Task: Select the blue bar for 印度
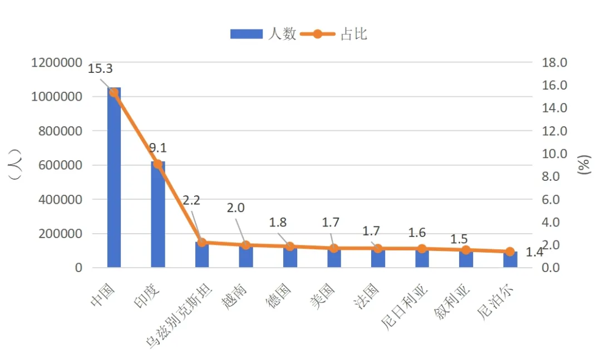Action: tap(157, 217)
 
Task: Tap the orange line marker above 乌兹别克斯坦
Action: tap(202, 243)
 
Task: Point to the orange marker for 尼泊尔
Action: tap(510, 251)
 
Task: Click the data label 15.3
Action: tap(100, 69)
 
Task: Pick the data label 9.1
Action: tap(157, 148)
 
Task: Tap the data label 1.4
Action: tap(534, 253)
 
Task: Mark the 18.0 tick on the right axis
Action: tap(554, 63)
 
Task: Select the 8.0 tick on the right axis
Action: tap(554, 176)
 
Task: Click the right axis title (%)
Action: tap(583, 165)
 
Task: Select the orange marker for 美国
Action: tap(333, 248)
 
